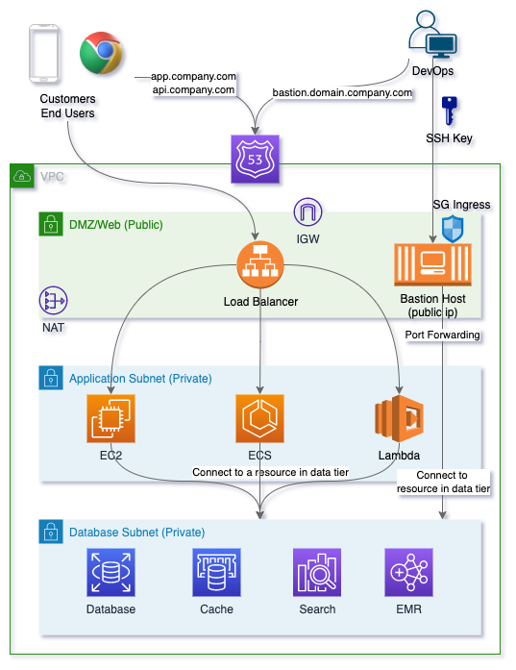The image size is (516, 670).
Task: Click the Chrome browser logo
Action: (x=101, y=53)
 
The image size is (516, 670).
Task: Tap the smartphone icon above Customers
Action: (x=43, y=53)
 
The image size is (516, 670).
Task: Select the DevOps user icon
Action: (x=432, y=35)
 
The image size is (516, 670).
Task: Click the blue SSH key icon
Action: (x=450, y=111)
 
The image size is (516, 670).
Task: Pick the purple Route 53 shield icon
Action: (x=255, y=159)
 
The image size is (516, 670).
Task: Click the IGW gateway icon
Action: (x=307, y=211)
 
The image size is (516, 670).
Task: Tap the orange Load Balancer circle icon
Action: (x=260, y=264)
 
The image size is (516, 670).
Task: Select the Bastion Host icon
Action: (x=432, y=264)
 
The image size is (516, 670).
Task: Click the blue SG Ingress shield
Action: (x=453, y=229)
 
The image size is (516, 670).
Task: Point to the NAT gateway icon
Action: (x=54, y=300)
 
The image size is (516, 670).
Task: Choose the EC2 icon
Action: (x=111, y=418)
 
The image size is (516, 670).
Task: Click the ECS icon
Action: (x=259, y=418)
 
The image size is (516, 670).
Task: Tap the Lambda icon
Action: (x=399, y=418)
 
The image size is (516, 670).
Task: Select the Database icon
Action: (x=111, y=572)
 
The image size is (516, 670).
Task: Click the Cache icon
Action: (x=216, y=572)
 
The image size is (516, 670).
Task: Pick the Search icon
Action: (x=317, y=572)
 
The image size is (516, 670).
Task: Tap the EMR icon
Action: (x=408, y=572)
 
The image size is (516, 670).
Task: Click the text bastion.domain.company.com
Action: (x=342, y=92)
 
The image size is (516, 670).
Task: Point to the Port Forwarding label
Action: (x=443, y=335)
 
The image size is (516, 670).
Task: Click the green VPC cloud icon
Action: (x=22, y=176)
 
